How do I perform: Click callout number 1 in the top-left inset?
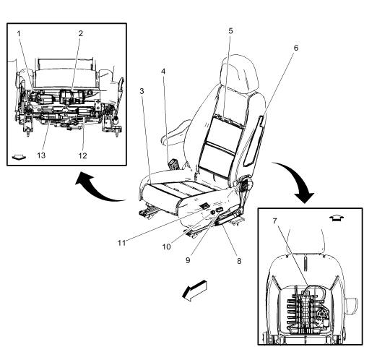[x=19, y=33]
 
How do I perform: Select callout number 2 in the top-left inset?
[x=81, y=33]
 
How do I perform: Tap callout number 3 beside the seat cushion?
[x=142, y=91]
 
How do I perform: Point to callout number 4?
[x=163, y=72]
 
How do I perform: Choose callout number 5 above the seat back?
[x=231, y=31]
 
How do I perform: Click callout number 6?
[x=295, y=48]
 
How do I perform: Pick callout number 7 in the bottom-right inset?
[x=275, y=220]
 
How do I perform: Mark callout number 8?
[x=239, y=261]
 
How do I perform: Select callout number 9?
[x=188, y=260]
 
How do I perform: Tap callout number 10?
[x=167, y=247]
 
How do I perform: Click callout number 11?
[x=121, y=243]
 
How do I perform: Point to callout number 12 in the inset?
[x=83, y=155]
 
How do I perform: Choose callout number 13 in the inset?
[x=41, y=155]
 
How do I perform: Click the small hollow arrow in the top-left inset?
[x=19, y=157]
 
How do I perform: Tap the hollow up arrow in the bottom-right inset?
[x=337, y=218]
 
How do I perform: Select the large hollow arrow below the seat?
[x=194, y=291]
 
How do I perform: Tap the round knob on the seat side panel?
[x=213, y=213]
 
